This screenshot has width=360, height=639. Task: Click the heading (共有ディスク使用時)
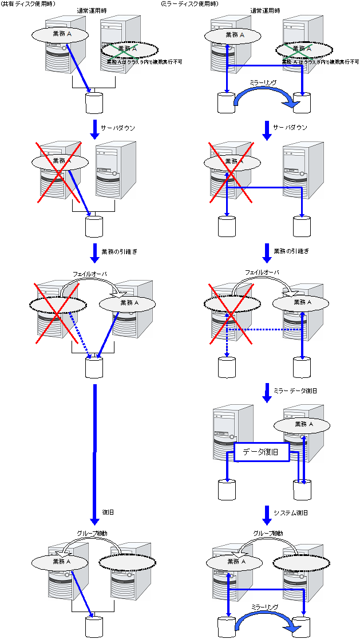(x=28, y=4)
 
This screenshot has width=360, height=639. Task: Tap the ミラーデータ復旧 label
(x=295, y=390)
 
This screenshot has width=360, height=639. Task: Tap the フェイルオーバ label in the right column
(x=262, y=273)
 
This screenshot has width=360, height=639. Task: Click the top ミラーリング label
(x=263, y=82)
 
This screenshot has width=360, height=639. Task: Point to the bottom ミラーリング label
(x=264, y=606)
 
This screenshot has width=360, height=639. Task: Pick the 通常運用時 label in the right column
(x=264, y=10)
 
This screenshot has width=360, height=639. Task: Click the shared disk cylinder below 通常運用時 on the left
(x=94, y=103)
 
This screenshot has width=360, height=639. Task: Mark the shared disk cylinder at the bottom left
(x=94, y=626)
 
